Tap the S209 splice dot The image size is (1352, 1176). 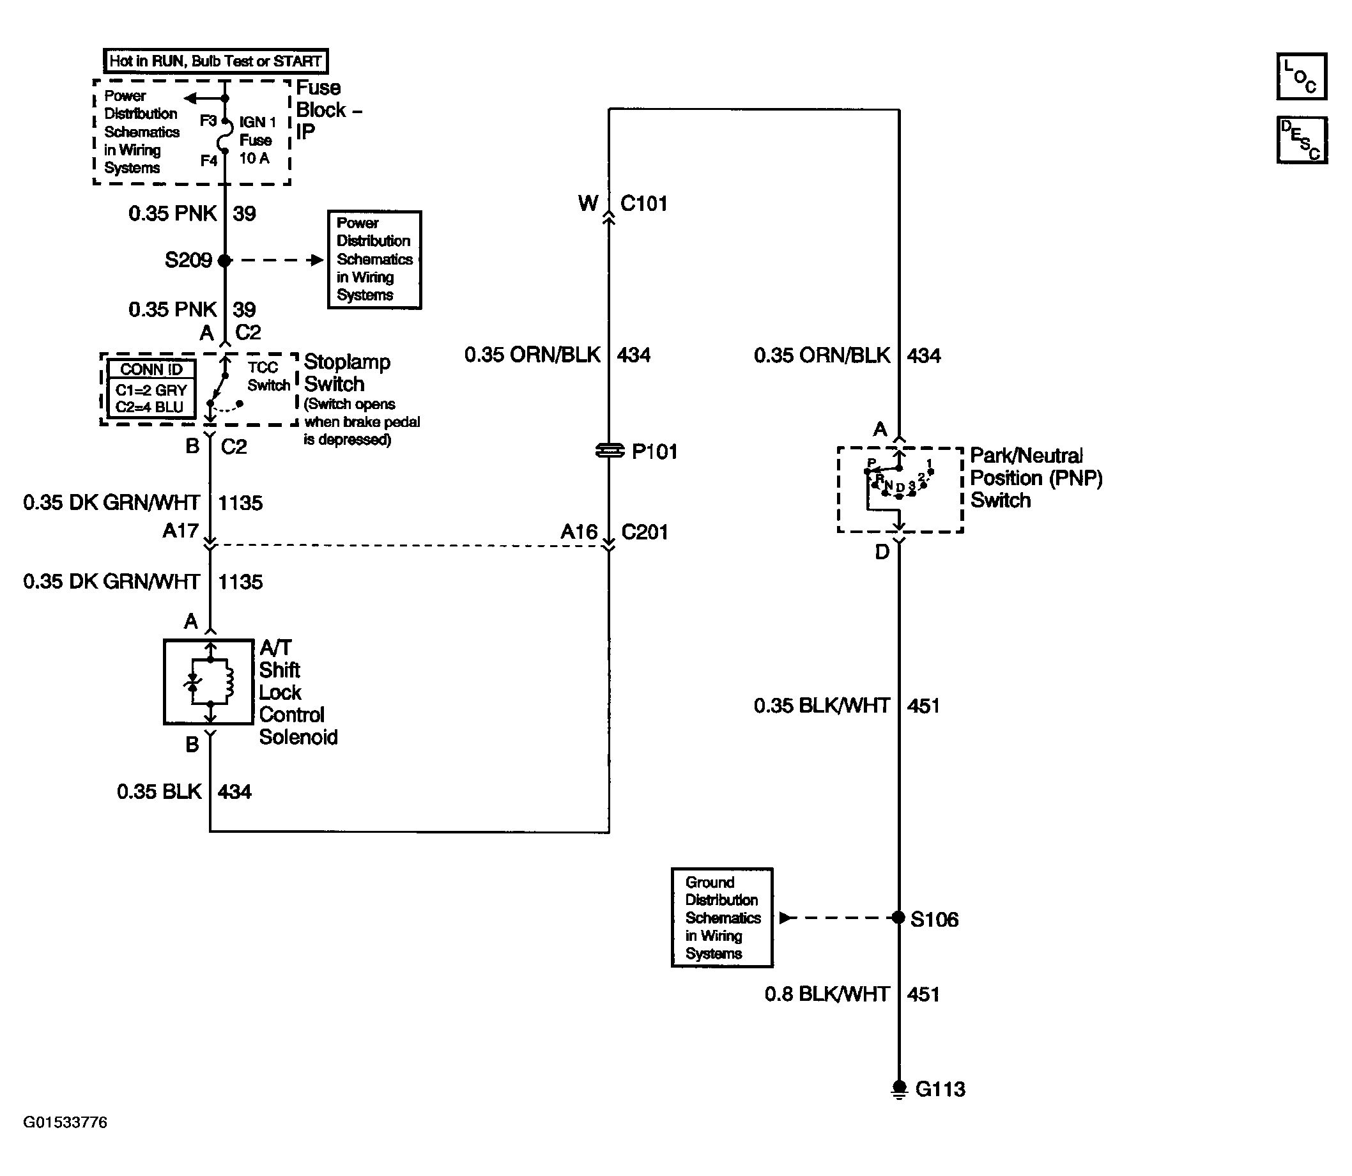pos(225,261)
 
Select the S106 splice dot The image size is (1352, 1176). pos(899,917)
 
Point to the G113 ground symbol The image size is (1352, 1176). pos(900,1088)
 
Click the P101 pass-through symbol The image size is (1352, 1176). pos(610,451)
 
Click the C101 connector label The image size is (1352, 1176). pos(643,203)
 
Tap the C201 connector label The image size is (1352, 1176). pos(644,532)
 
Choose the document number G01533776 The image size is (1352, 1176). pos(65,1122)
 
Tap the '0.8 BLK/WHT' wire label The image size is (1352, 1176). pos(827,994)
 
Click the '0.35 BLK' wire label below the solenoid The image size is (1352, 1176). pos(158,791)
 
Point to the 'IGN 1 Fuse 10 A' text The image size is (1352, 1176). pos(256,140)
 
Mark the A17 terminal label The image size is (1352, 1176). pos(180,530)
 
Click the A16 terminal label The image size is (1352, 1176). pos(579,532)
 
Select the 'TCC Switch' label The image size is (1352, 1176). pos(268,376)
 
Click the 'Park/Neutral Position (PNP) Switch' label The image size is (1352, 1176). pos(1036,478)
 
